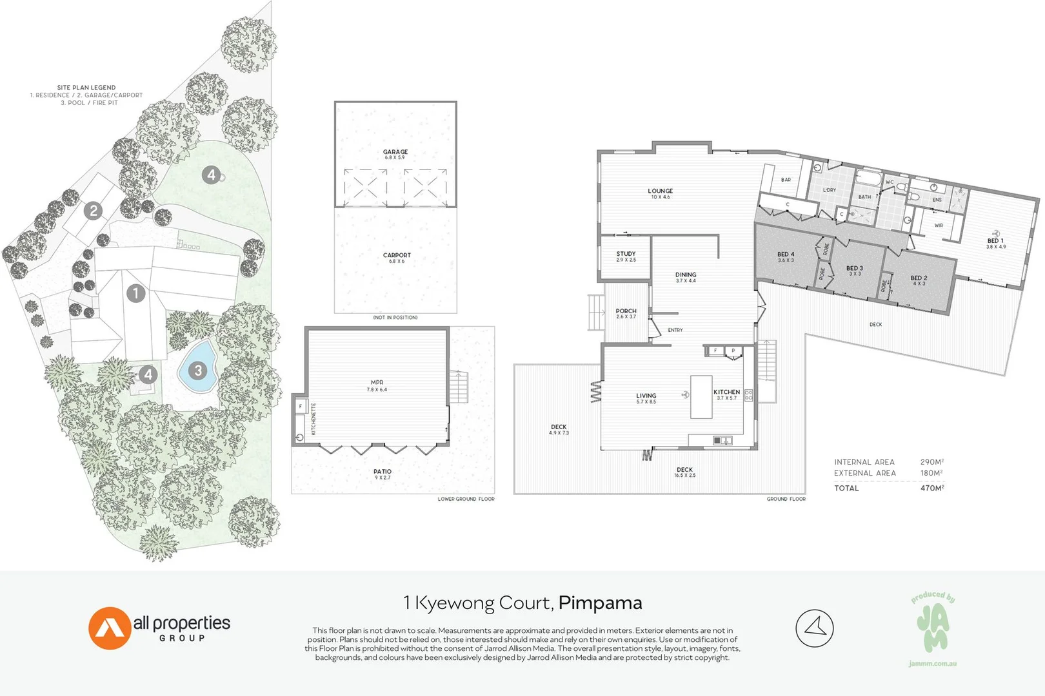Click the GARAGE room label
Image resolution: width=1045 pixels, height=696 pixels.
point(395,152)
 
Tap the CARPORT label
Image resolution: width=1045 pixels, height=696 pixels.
point(397,255)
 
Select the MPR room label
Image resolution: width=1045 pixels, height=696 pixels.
point(377,383)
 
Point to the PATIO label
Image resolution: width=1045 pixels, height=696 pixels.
point(383,472)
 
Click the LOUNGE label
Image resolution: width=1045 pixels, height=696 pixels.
point(660,191)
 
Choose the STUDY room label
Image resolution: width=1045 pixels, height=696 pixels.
point(626,254)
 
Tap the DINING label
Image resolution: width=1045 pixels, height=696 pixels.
point(686,275)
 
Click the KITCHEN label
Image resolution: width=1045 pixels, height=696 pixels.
point(726,392)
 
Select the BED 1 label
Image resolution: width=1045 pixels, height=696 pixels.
point(995,241)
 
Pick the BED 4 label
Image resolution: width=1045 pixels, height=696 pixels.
point(786,255)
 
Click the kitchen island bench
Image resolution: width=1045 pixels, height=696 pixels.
point(701,397)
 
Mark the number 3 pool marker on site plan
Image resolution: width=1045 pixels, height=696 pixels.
point(198,371)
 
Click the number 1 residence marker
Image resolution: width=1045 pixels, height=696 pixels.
point(135,293)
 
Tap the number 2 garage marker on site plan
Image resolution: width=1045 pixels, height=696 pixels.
point(94,211)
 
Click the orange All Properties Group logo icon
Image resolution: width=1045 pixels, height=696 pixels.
point(109,628)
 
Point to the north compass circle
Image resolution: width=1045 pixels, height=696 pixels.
point(815,628)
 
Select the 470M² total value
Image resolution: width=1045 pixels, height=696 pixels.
point(931,488)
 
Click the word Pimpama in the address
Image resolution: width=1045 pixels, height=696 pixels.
point(600,603)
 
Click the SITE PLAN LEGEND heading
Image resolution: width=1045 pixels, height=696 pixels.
point(86,88)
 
